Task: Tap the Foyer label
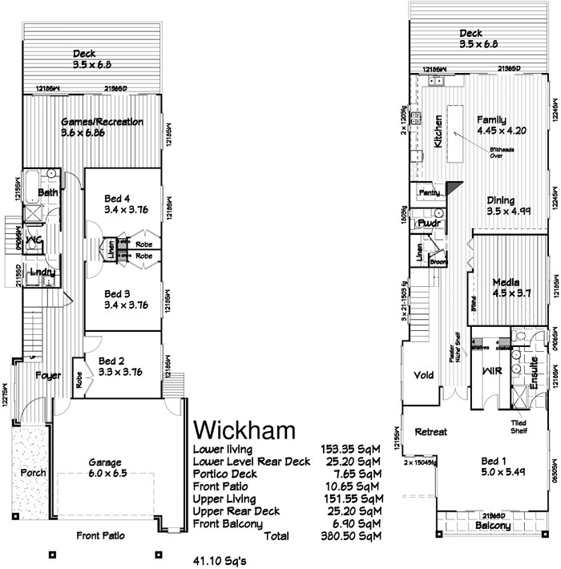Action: click(47, 375)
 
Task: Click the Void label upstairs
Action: click(423, 375)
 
